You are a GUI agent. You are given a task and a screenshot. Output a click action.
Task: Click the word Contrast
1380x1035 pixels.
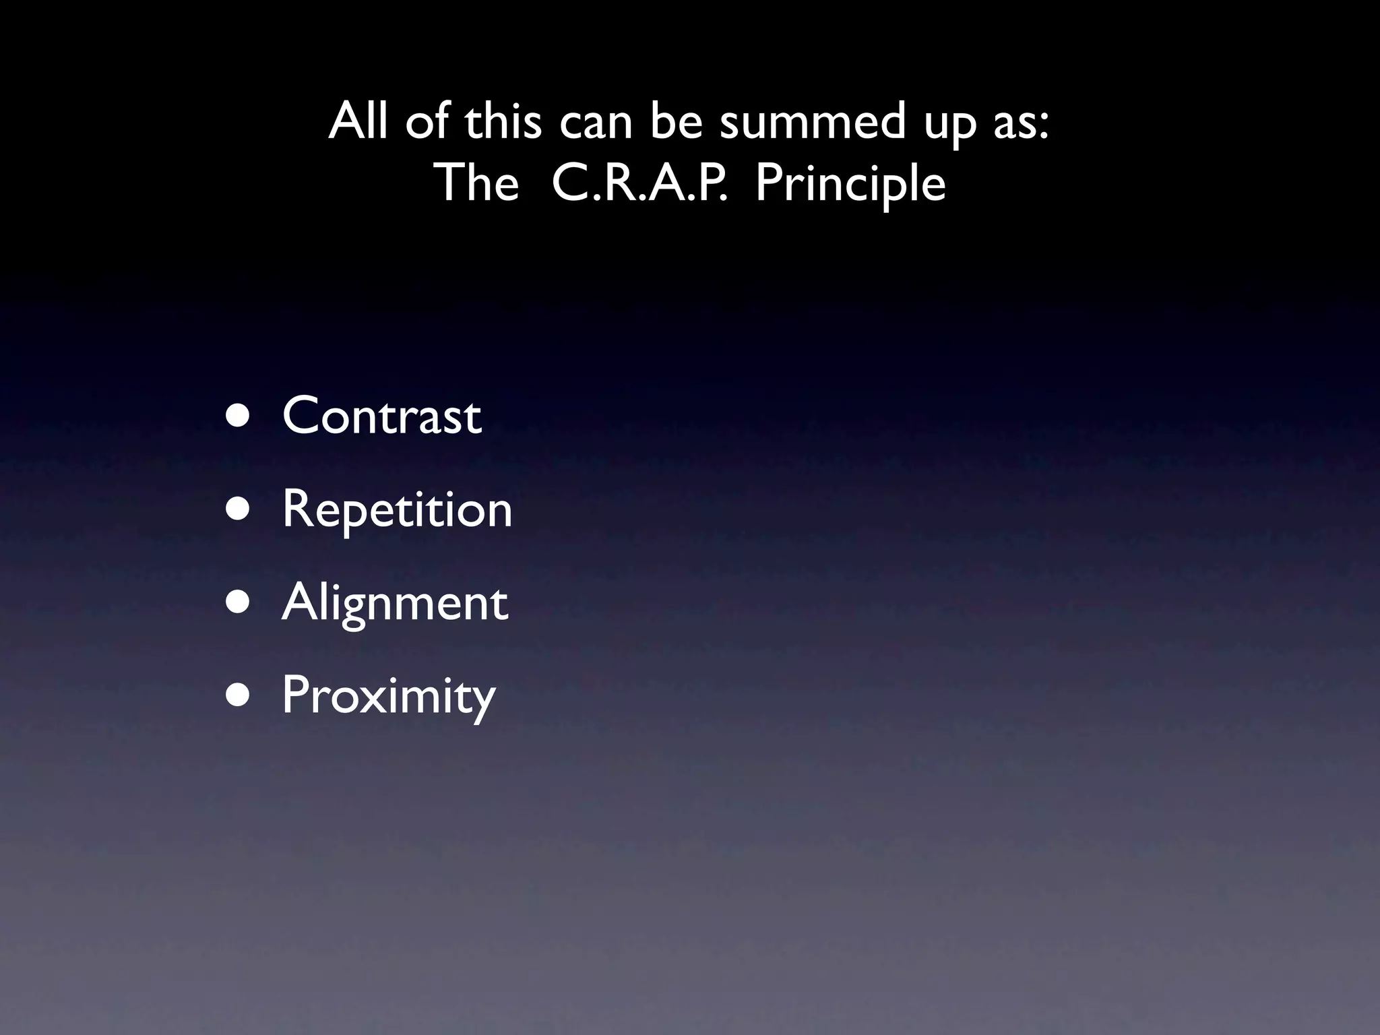coord(381,416)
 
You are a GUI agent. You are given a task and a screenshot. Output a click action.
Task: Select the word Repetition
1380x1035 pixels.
coord(397,509)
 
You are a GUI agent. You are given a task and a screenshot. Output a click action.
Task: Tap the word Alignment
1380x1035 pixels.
coord(394,603)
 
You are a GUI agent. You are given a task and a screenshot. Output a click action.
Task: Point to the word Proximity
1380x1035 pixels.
coord(388,696)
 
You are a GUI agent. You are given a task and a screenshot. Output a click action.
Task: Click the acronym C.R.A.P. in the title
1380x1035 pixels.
coord(639,183)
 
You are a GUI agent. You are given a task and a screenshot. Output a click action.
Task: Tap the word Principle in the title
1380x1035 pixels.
coord(850,183)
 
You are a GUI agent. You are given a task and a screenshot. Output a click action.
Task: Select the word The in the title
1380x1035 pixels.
coord(478,183)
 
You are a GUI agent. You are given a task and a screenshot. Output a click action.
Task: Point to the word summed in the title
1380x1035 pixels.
coord(813,123)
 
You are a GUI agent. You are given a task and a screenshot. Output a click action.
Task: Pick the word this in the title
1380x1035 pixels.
coord(503,123)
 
